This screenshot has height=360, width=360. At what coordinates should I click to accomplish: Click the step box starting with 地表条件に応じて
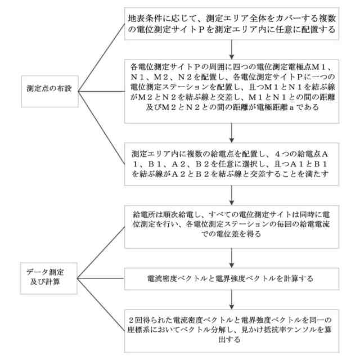pos(232,24)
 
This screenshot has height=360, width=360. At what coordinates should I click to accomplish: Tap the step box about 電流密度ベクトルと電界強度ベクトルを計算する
pos(232,278)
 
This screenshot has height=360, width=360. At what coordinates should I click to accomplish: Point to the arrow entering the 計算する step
pos(232,258)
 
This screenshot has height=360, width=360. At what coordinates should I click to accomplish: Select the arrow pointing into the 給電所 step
pos(232,193)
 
